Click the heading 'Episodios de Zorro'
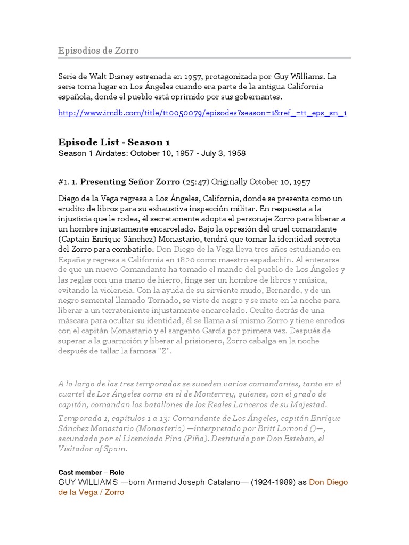click(99, 51)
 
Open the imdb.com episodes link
click(202, 113)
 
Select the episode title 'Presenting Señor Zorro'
click(130, 182)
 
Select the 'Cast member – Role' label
click(91, 472)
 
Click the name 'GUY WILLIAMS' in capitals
click(88, 482)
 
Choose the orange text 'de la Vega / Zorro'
click(91, 492)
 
